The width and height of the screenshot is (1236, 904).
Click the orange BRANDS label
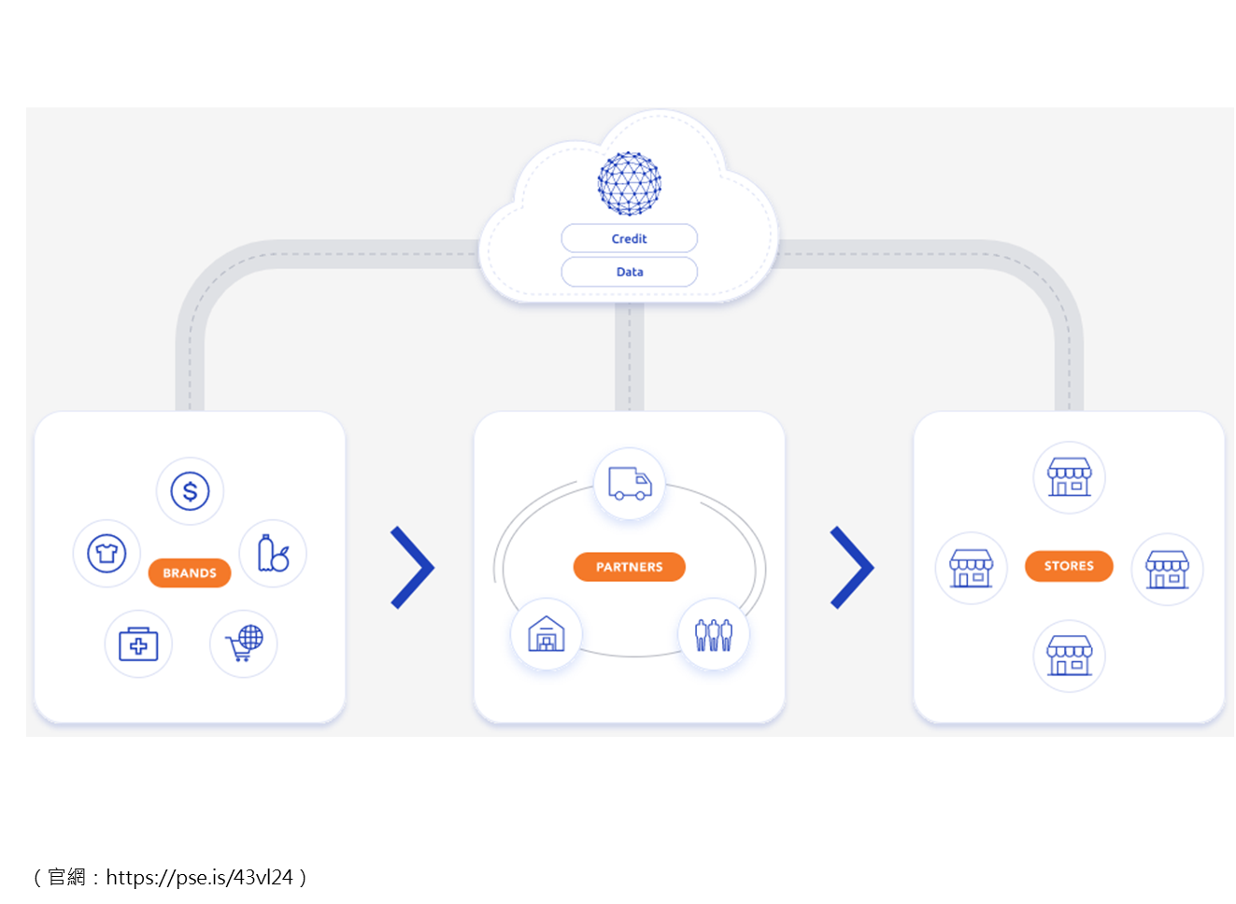(x=190, y=573)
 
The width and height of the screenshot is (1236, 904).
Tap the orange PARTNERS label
(x=629, y=567)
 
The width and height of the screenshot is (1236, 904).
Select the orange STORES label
(x=1069, y=566)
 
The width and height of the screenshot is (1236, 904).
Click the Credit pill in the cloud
(x=629, y=239)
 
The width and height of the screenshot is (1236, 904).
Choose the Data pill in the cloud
(x=629, y=272)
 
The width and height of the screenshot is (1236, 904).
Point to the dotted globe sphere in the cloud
(x=629, y=184)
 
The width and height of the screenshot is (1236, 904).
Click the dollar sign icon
(x=190, y=491)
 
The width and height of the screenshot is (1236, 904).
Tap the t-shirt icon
(x=107, y=553)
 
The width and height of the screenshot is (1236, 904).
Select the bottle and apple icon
(x=273, y=553)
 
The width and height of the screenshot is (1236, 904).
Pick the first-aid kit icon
(x=138, y=644)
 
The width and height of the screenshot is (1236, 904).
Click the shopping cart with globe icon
(x=244, y=643)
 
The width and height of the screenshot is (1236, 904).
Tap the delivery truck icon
(x=630, y=484)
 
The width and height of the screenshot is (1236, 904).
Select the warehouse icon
(x=547, y=634)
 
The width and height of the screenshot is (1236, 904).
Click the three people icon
(x=714, y=635)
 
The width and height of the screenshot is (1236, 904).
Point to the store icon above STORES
(x=1070, y=477)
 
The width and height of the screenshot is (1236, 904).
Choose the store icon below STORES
(x=1070, y=656)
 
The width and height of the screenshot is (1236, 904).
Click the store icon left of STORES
(x=972, y=568)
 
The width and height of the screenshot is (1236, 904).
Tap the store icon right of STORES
(x=1167, y=570)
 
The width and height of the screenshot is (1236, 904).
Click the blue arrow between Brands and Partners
(x=413, y=568)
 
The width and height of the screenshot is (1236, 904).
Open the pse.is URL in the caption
(x=199, y=878)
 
